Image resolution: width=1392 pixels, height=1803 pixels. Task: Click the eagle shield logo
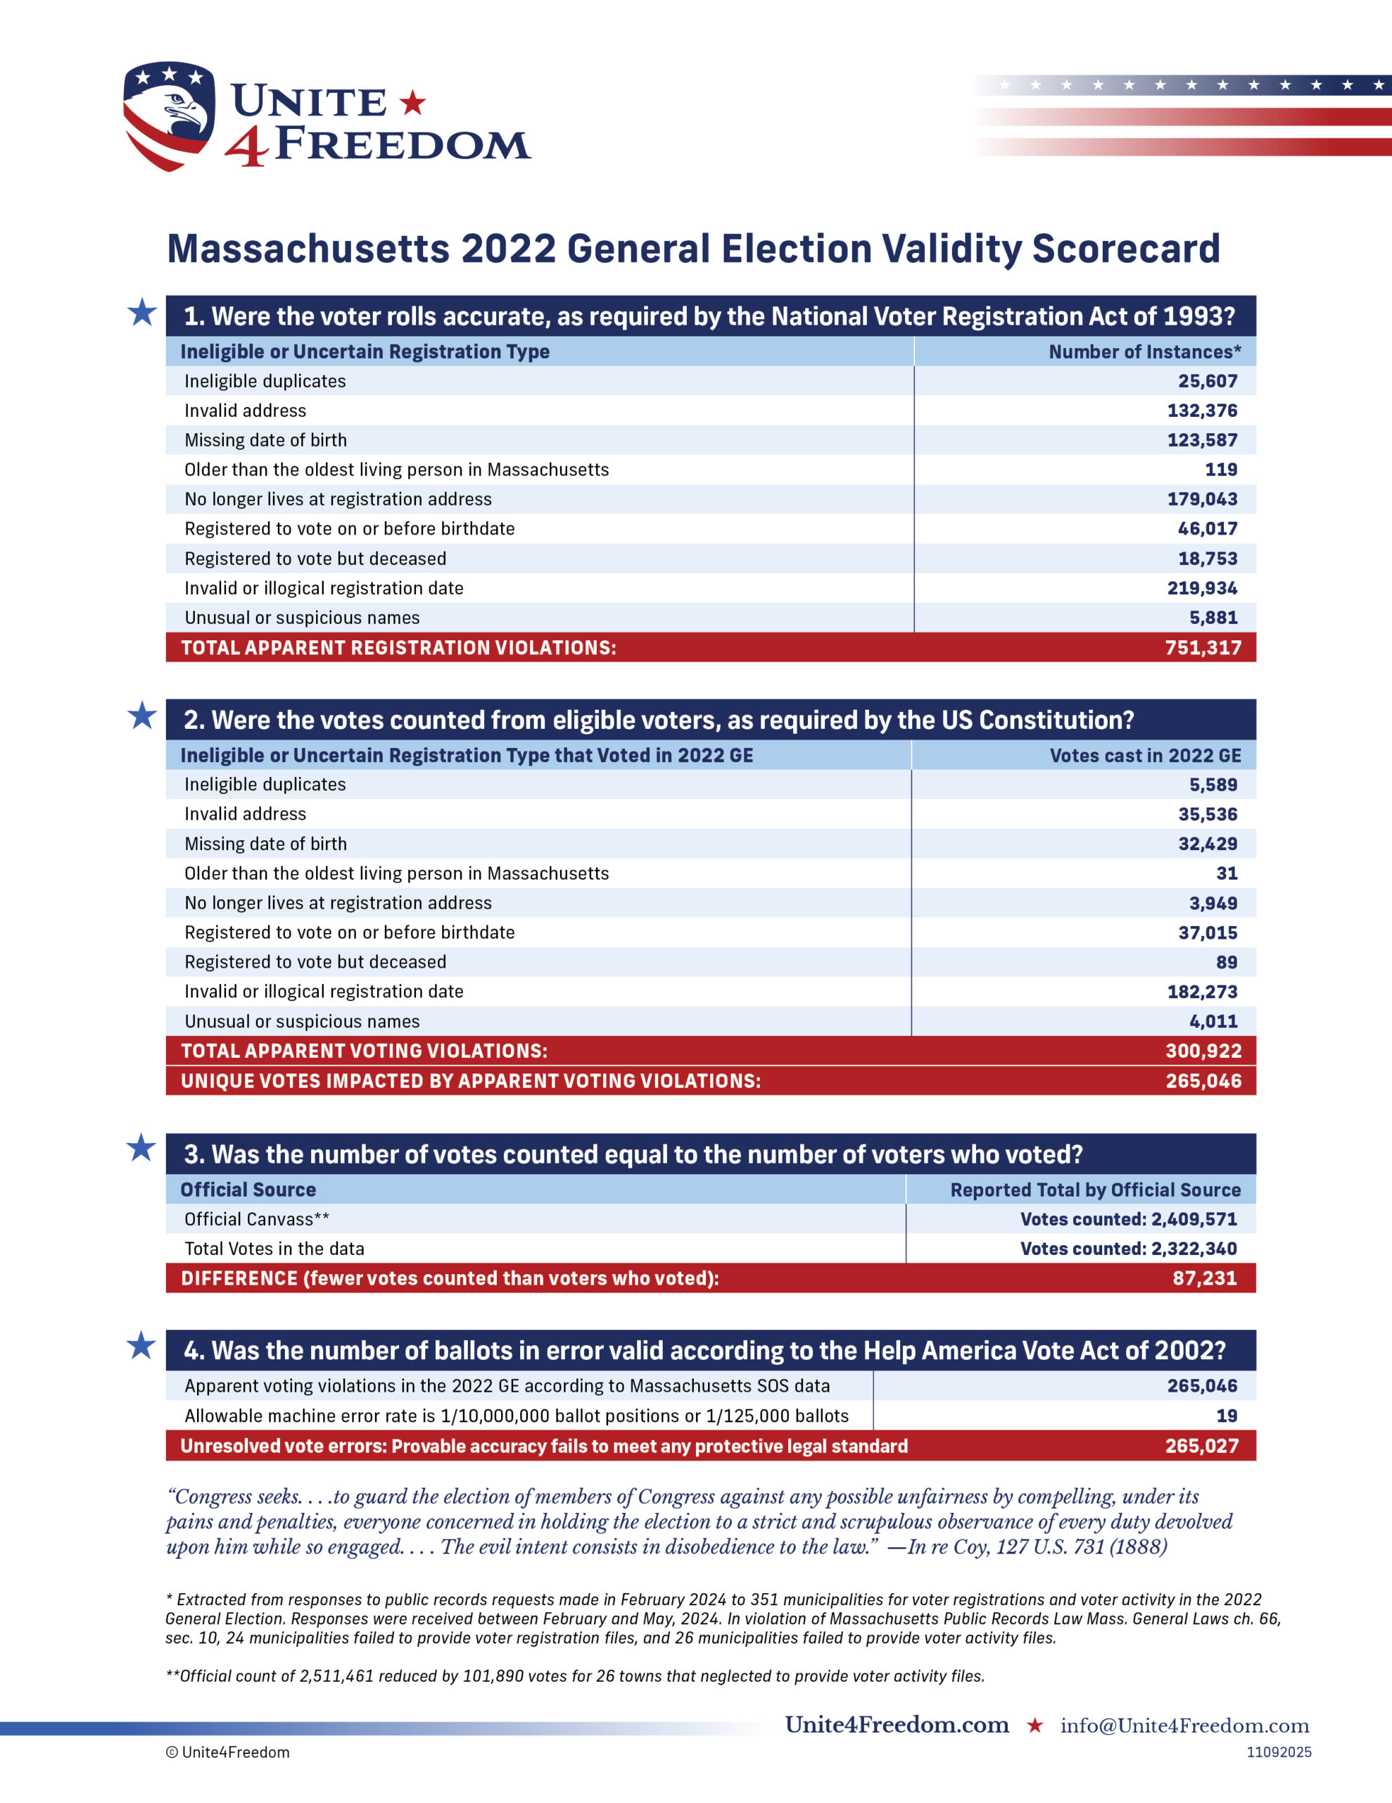pos(169,116)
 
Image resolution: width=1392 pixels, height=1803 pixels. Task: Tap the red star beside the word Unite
pos(412,104)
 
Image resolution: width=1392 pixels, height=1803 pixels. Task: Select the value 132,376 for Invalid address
pos(1201,411)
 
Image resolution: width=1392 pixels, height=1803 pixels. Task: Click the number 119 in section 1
pos(1220,470)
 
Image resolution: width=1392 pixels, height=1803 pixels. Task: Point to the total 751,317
pos(1202,648)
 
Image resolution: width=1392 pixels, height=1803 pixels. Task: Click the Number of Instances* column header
pos(1144,351)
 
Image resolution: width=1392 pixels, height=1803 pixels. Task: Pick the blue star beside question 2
pos(142,716)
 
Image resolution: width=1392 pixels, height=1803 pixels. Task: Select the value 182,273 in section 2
pos(1201,992)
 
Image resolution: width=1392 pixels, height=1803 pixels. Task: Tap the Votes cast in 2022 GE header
pos(1144,756)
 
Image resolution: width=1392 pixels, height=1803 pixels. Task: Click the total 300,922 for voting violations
pos(1202,1051)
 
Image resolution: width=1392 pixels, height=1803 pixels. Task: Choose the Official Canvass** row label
pos(257,1219)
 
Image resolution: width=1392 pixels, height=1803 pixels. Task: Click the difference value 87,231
pos(1204,1279)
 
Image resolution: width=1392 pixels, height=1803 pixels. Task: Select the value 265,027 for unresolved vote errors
pos(1201,1447)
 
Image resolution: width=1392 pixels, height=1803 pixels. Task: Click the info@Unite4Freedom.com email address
pos(1184,1726)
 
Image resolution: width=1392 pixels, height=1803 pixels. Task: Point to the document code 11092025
pos(1278,1752)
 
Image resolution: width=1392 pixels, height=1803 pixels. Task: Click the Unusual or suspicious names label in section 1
pos(302,618)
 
